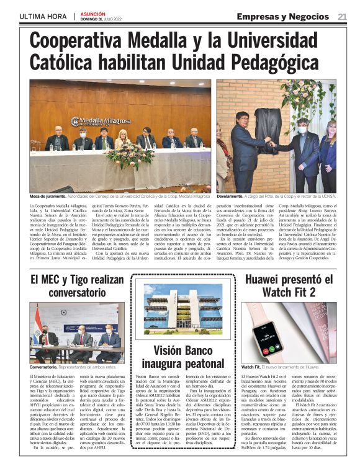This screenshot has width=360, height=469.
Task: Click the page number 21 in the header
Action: [x=342, y=17]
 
